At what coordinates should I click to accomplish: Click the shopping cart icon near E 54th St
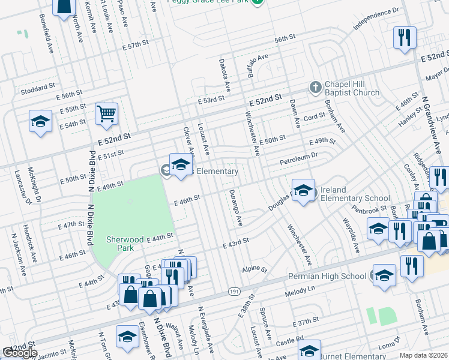tap(106, 112)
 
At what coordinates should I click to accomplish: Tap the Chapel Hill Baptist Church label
tap(352, 89)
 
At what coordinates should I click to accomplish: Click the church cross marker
tap(315, 88)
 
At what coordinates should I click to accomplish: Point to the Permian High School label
tap(327, 276)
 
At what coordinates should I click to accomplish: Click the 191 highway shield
tap(235, 291)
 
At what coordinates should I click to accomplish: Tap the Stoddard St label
tap(38, 89)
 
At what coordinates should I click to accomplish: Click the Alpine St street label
tap(254, 269)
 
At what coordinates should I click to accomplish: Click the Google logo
tap(19, 353)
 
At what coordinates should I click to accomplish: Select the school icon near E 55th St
tap(40, 121)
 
